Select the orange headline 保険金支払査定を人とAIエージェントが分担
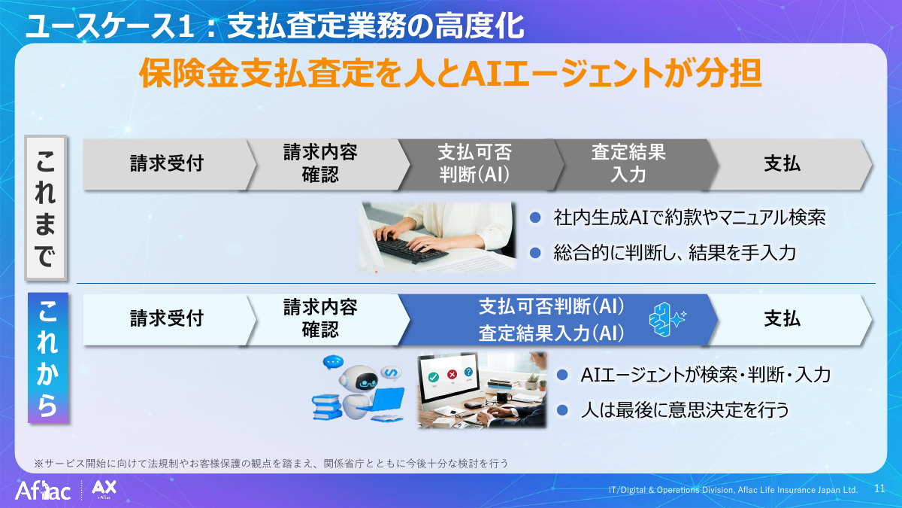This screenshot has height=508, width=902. pos(451,75)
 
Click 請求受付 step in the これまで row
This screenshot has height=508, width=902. pos(166,164)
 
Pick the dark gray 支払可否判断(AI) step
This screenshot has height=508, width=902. pos(474,164)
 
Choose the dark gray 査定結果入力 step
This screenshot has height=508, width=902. pos(628,164)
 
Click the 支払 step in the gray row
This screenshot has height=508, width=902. pos(782,164)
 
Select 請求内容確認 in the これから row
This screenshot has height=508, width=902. pos(320,318)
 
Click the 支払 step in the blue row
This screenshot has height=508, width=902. pos(782,318)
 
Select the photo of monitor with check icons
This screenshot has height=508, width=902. pos(482,390)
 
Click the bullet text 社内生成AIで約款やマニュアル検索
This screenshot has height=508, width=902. pos(689,217)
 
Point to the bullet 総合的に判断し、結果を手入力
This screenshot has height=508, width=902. pos(673,253)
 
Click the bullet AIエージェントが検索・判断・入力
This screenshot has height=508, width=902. pos(705,374)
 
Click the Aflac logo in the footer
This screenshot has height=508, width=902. pos(44,491)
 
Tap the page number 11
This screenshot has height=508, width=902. pos(879,488)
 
